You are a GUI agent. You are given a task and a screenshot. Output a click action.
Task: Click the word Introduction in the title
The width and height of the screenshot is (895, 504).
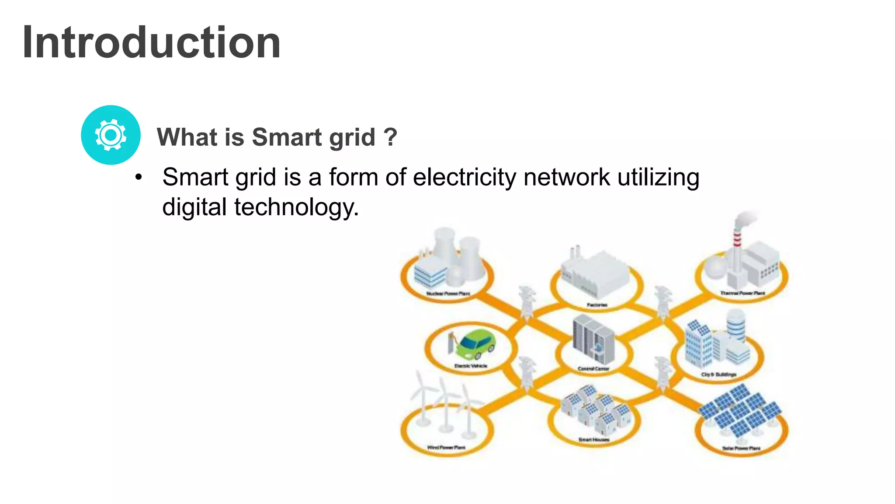pyautogui.click(x=151, y=42)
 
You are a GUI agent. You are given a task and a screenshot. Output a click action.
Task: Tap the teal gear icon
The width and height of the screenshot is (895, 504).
pyautogui.click(x=111, y=135)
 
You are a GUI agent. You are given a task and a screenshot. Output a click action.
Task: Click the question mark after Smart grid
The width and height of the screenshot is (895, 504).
pyautogui.click(x=390, y=137)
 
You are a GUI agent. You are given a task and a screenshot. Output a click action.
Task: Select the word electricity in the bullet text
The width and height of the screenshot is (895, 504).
pyautogui.click(x=465, y=178)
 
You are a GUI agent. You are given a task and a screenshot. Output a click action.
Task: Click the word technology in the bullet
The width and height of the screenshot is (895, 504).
pyautogui.click(x=296, y=207)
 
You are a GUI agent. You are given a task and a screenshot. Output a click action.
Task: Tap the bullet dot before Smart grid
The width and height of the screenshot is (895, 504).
pyautogui.click(x=139, y=178)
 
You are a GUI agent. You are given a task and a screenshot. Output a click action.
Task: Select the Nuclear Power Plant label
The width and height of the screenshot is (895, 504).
pyautogui.click(x=448, y=294)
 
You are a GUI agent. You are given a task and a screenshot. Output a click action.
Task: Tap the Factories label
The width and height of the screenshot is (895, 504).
pyautogui.click(x=597, y=305)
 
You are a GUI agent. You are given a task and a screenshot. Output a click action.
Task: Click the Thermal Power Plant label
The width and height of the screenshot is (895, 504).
pyautogui.click(x=742, y=293)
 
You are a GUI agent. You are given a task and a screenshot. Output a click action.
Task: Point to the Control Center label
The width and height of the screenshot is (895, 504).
pyautogui.click(x=593, y=369)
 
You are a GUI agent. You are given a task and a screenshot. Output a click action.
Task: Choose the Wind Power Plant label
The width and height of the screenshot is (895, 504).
pyautogui.click(x=446, y=448)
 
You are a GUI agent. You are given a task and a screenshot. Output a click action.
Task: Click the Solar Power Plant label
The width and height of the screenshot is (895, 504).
pyautogui.click(x=741, y=448)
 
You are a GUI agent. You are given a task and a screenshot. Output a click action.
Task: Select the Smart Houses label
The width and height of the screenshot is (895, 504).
pyautogui.click(x=593, y=440)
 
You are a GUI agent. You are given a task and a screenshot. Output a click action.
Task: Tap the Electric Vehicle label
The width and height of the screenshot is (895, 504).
pyautogui.click(x=471, y=366)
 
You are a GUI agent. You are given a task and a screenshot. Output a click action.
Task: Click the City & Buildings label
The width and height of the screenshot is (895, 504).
pyautogui.click(x=718, y=374)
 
